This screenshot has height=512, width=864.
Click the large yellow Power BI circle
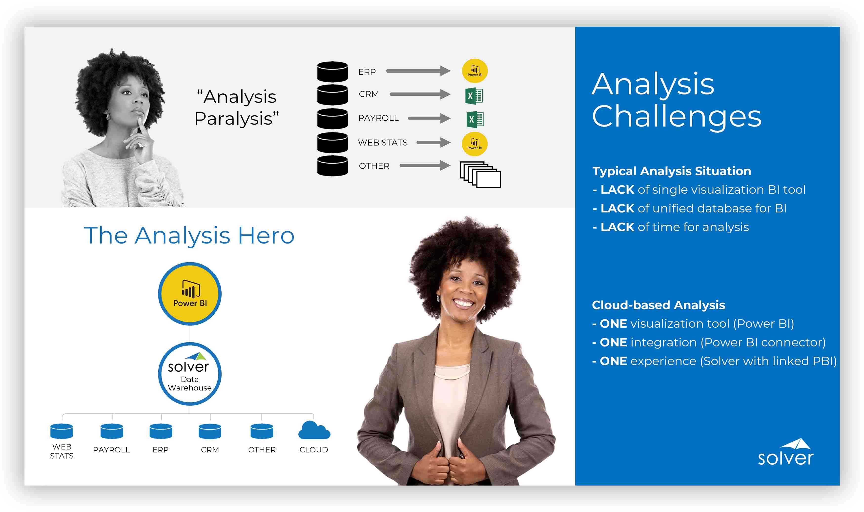click(190, 294)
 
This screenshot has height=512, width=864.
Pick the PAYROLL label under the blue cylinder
click(111, 450)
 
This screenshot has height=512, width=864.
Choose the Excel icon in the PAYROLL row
click(475, 119)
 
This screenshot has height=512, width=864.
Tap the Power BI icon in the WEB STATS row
click(475, 144)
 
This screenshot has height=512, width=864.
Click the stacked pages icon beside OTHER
click(480, 174)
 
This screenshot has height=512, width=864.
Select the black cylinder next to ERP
click(332, 72)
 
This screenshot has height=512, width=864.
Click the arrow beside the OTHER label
click(425, 165)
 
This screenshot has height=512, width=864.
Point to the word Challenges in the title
click(677, 117)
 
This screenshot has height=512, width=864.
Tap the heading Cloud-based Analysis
click(658, 305)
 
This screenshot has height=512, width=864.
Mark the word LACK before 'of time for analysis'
click(617, 227)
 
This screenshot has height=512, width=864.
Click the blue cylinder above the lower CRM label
click(210, 431)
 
